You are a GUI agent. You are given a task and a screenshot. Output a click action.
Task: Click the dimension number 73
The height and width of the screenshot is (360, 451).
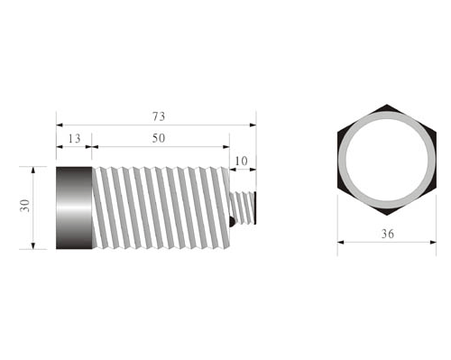point(159,116)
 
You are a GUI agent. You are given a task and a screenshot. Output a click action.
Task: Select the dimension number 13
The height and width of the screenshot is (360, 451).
point(74,139)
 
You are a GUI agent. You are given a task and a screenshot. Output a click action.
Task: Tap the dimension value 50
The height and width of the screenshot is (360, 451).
point(159,138)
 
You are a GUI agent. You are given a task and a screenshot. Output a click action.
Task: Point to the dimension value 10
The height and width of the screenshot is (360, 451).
point(241,161)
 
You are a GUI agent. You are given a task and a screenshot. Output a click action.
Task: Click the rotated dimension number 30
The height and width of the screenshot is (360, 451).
point(25,206)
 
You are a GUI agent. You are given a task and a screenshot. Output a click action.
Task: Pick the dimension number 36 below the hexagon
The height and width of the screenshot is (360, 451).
point(388,234)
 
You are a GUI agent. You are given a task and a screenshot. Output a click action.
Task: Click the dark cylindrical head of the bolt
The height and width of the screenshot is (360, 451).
point(74,208)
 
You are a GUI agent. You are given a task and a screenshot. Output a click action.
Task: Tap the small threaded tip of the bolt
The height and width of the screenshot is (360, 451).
point(243,208)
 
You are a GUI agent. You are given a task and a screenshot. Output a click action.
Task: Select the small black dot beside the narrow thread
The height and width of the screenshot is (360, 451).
point(232,222)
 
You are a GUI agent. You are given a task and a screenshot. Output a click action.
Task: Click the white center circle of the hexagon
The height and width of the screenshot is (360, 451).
point(387,160)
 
